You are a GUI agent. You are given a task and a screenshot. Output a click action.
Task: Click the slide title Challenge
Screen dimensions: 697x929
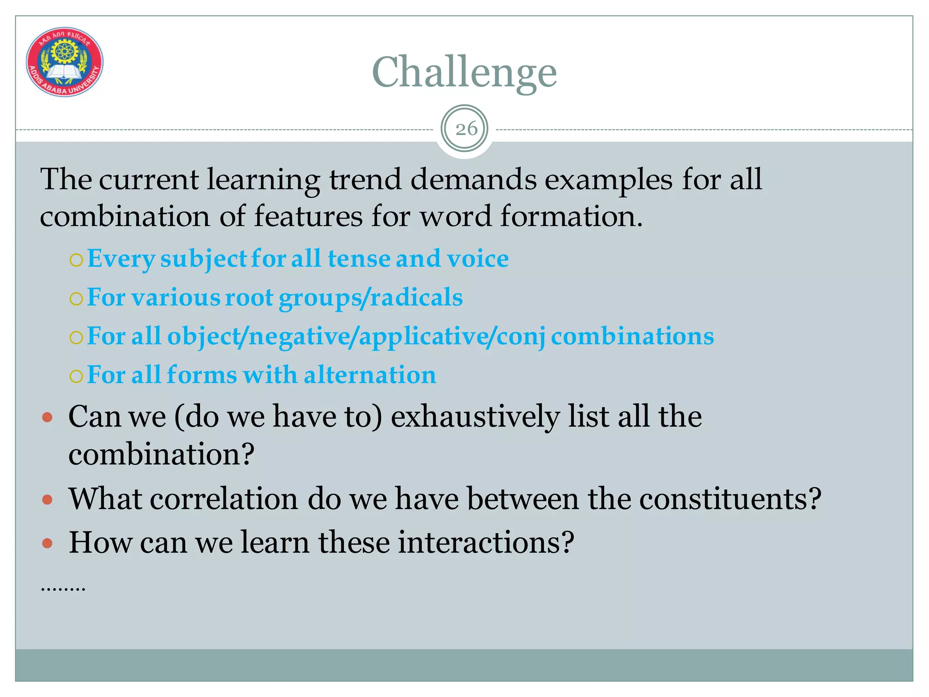(x=464, y=73)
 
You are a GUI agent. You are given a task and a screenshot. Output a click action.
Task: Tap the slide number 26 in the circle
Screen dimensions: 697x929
(x=466, y=129)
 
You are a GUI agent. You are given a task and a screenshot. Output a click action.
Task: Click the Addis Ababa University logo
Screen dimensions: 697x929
(x=64, y=62)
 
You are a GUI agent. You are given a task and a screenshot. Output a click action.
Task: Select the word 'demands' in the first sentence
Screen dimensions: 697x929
(x=474, y=179)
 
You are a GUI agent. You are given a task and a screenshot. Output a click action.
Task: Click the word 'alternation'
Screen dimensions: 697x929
(x=370, y=375)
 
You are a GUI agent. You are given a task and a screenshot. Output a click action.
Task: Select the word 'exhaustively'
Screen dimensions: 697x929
(x=475, y=417)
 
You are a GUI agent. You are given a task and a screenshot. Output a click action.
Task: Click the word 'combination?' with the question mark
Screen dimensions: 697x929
(x=161, y=454)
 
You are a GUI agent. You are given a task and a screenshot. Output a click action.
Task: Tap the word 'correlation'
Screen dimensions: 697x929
(x=224, y=499)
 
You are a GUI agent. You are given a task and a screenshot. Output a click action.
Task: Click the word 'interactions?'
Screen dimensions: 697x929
(x=486, y=542)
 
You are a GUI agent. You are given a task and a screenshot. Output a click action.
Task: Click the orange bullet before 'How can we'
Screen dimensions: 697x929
(x=47, y=543)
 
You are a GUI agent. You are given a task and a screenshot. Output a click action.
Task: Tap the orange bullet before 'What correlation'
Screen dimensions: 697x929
(x=47, y=500)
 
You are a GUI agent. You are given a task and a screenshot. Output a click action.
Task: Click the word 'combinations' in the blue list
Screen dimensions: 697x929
(x=632, y=337)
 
